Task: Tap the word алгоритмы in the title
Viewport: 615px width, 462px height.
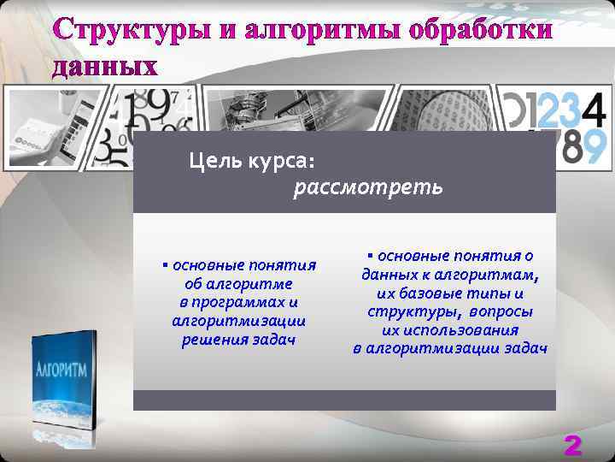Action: point(319,31)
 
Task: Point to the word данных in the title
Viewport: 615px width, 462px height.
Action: point(105,67)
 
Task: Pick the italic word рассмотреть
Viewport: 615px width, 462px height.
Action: point(368,186)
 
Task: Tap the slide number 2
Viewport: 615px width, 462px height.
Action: point(572,444)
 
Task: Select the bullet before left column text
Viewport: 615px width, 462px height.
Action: point(164,265)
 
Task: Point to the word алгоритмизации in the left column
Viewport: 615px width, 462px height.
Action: point(238,321)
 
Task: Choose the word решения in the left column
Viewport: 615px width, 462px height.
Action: point(214,340)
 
